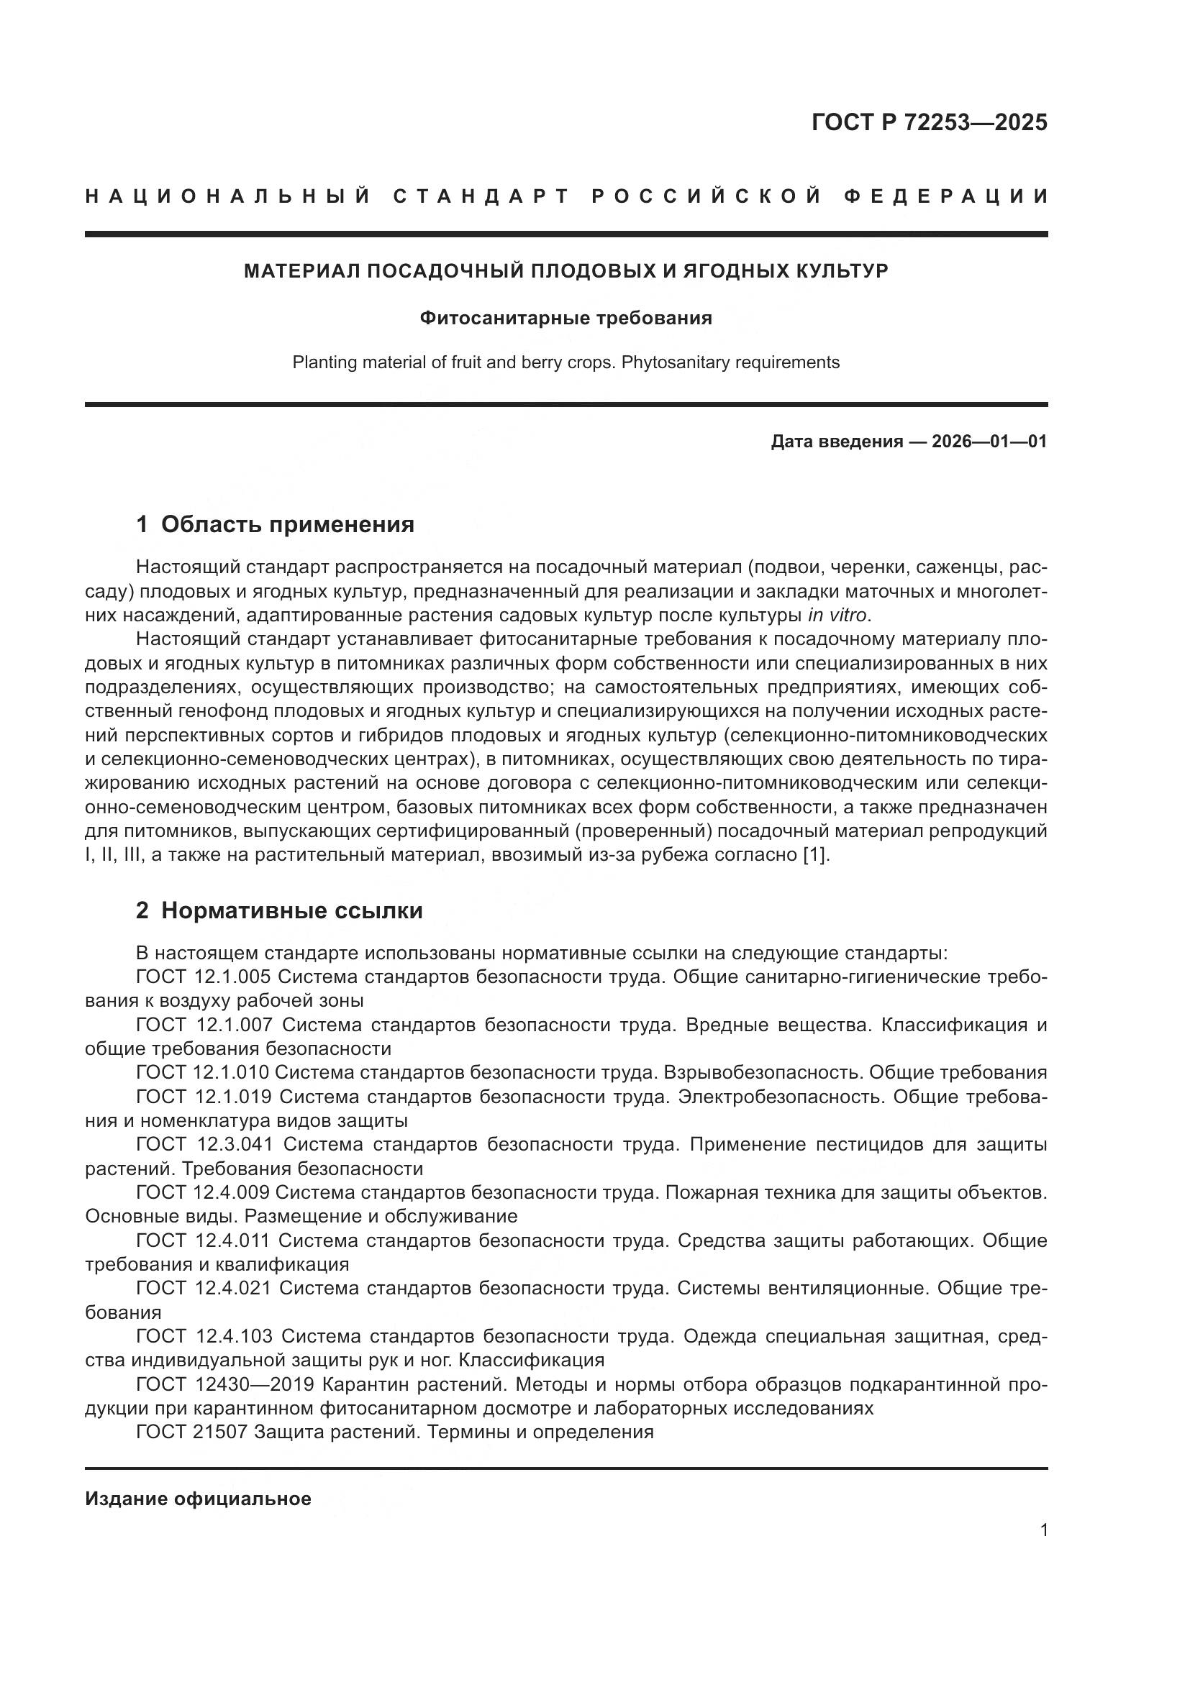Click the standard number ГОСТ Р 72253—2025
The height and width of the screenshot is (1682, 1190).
(x=928, y=122)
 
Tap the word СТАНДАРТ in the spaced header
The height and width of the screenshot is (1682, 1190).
(x=481, y=196)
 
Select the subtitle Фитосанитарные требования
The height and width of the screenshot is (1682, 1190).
(x=566, y=318)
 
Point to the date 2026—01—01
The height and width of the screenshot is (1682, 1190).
(x=989, y=441)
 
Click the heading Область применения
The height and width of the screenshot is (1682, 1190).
(x=287, y=524)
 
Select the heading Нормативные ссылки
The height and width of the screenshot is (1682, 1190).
(x=291, y=910)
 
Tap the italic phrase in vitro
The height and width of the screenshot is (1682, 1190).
(x=837, y=614)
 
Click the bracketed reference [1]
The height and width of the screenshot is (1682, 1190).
(x=818, y=855)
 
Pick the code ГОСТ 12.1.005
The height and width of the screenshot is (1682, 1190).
(x=204, y=977)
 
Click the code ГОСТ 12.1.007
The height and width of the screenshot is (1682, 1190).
(x=204, y=1024)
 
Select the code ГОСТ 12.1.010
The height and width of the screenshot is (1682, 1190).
(x=204, y=1071)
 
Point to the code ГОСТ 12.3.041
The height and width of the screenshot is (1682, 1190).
(x=204, y=1144)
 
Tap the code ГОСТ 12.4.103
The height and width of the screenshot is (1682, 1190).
(x=204, y=1336)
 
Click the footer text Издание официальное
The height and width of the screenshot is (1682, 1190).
(x=198, y=1499)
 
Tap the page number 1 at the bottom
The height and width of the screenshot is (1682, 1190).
(x=1043, y=1530)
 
